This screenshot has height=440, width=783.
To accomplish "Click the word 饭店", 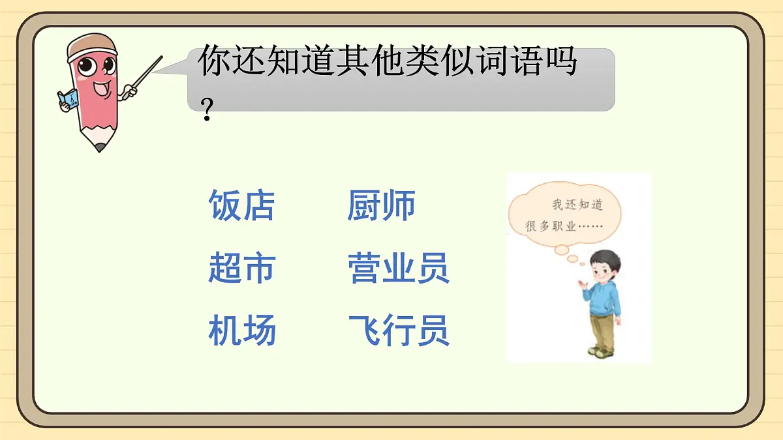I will tap(241, 205).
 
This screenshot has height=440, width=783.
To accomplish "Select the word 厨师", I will tap(381, 205).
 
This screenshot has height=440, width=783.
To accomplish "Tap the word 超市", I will tap(242, 268).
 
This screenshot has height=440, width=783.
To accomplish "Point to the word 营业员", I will tap(398, 268).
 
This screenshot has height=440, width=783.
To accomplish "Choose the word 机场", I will tap(242, 330).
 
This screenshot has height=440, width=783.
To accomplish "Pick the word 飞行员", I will tap(398, 330).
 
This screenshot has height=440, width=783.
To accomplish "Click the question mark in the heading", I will tap(207, 113).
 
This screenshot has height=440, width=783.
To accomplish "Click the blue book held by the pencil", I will tap(67, 98).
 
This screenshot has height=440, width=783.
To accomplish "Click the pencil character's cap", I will tap(92, 44).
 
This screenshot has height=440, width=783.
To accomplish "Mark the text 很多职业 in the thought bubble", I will tap(549, 226).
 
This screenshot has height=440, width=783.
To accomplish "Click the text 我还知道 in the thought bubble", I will tap(577, 205).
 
